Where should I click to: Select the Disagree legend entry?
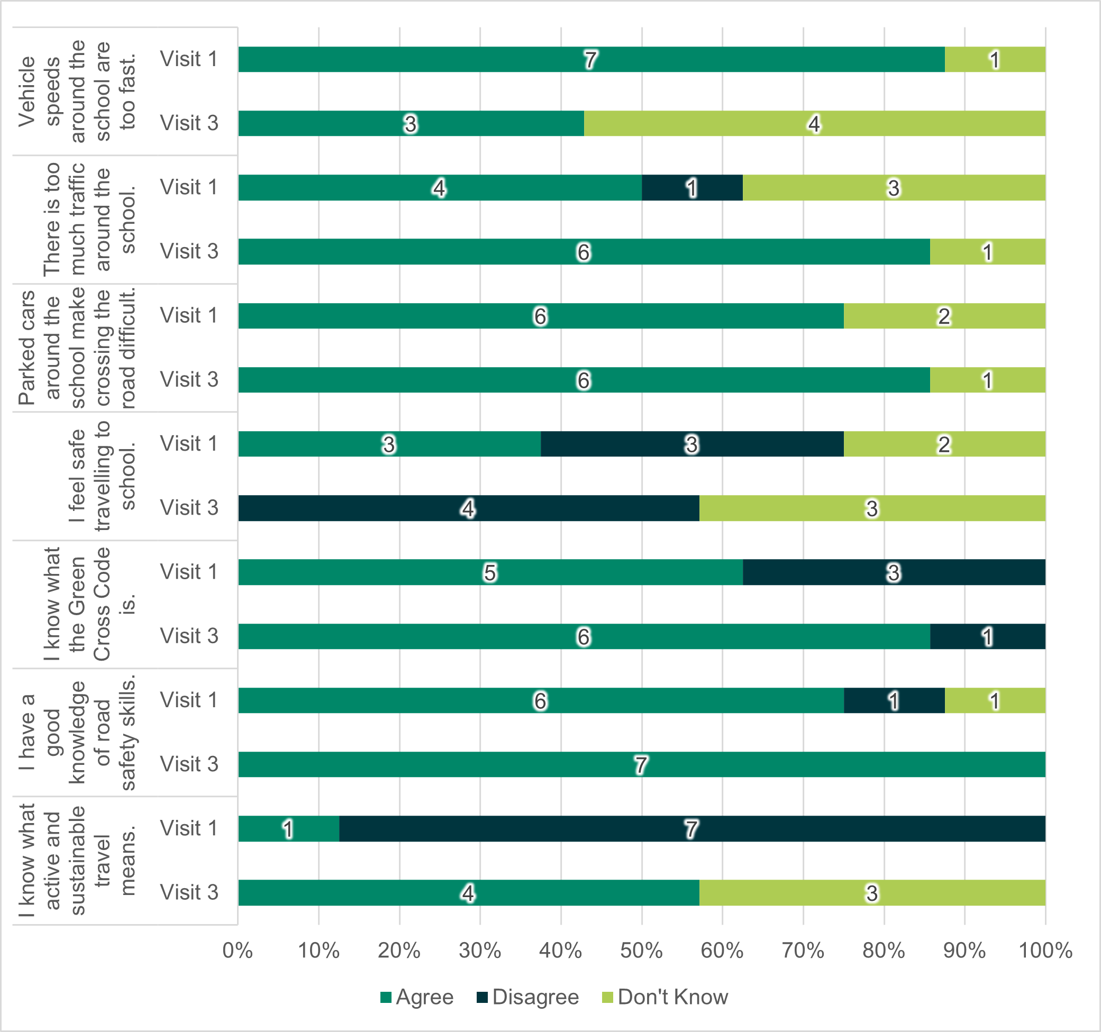(x=528, y=997)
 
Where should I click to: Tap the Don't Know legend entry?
(x=665, y=997)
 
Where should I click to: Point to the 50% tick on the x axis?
(x=641, y=951)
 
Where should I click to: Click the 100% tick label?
(x=1045, y=951)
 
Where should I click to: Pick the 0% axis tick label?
(x=238, y=951)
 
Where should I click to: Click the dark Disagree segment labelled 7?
(x=691, y=829)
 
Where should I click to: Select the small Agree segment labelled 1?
(x=288, y=829)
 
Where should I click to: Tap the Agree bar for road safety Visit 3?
(x=641, y=764)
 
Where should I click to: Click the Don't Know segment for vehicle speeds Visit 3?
(x=814, y=123)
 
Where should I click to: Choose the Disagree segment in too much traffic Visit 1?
(x=691, y=188)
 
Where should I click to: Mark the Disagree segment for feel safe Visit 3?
(x=469, y=508)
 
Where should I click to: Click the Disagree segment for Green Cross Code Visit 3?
(x=987, y=637)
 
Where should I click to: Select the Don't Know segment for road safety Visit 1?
(x=995, y=700)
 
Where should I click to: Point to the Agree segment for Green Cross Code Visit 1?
(x=490, y=572)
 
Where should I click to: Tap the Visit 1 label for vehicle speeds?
(x=189, y=59)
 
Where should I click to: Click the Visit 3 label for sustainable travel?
(x=189, y=892)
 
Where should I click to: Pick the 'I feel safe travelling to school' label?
(x=103, y=476)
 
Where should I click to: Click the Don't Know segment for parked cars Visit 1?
(x=944, y=316)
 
